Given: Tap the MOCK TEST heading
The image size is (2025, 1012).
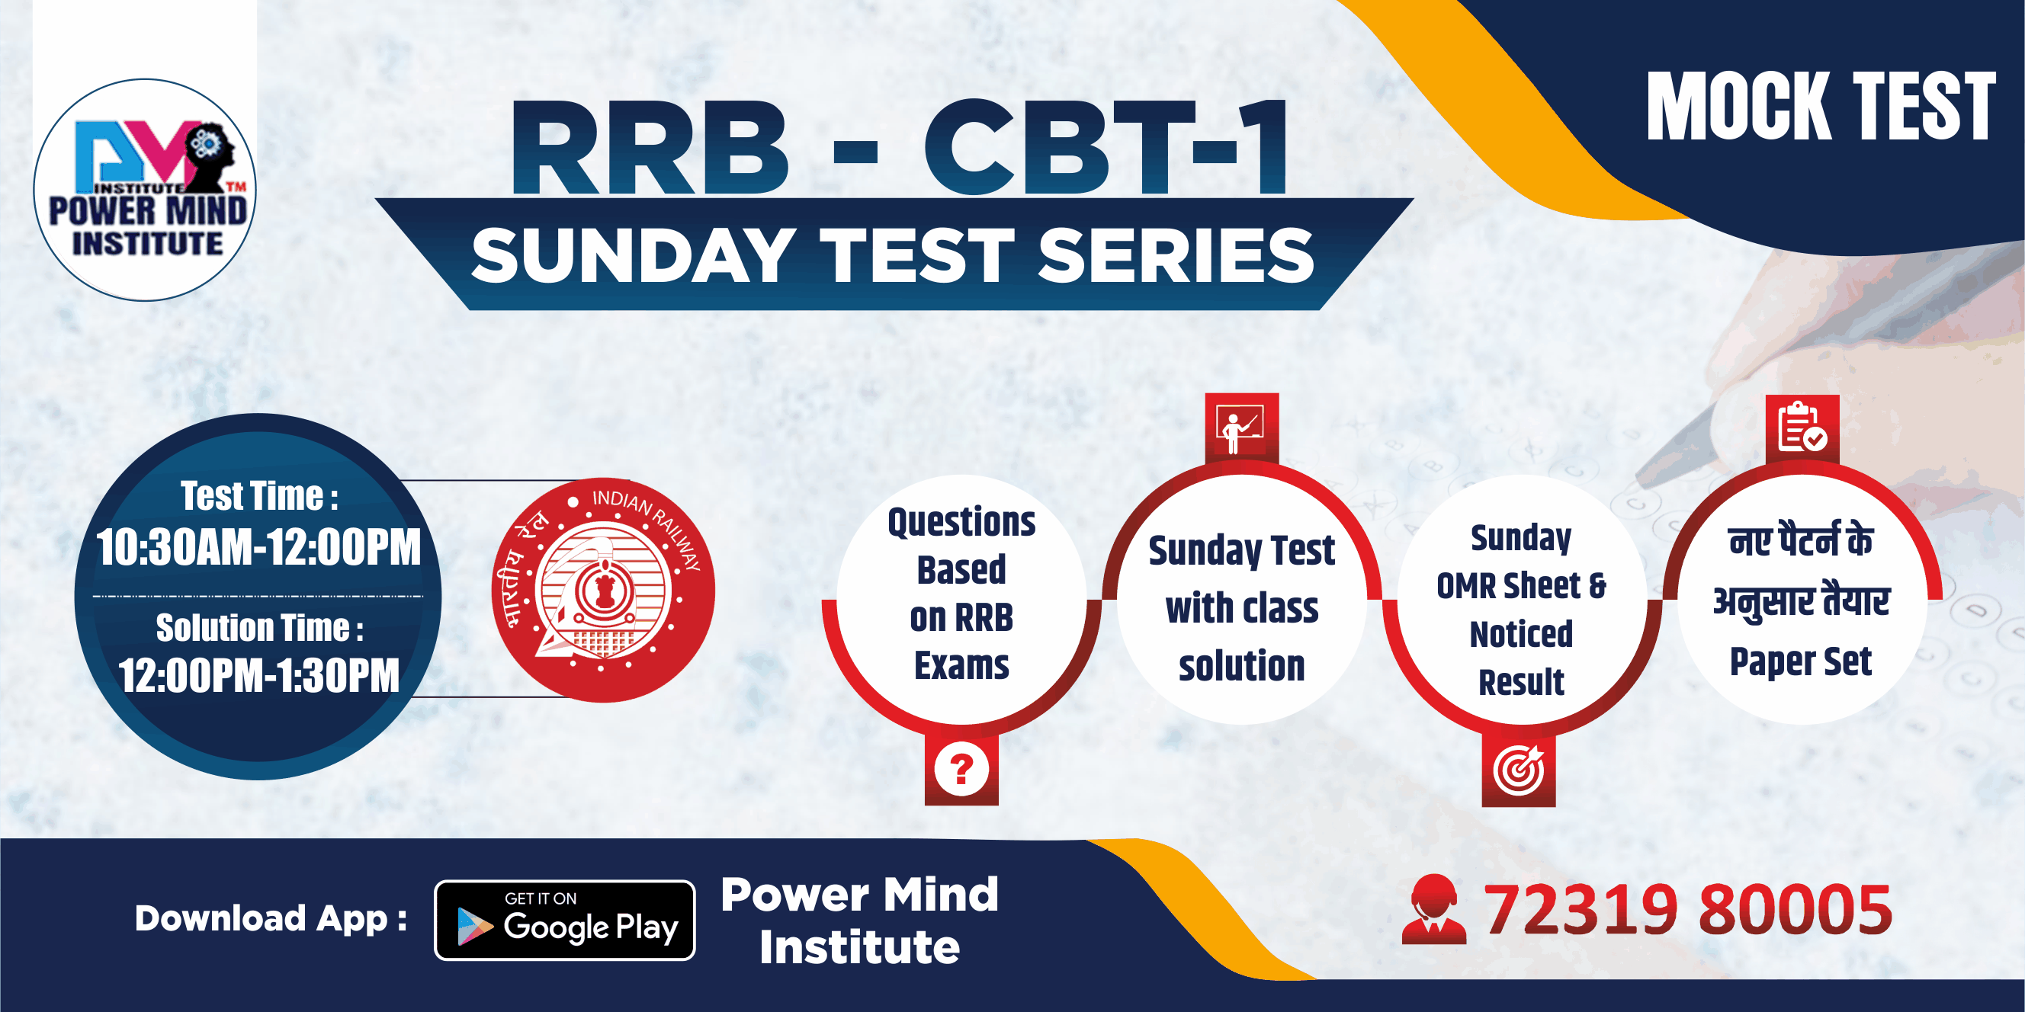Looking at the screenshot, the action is pyautogui.click(x=1821, y=107).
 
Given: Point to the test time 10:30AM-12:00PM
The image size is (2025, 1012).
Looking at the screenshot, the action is pyautogui.click(x=258, y=547).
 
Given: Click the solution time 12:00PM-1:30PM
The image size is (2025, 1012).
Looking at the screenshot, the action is pyautogui.click(x=258, y=675).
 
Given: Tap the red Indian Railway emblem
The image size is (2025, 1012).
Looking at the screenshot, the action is pyautogui.click(x=603, y=590).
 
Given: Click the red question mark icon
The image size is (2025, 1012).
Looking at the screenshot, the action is pyautogui.click(x=961, y=769).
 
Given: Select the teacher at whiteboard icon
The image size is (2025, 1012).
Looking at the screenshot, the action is pyautogui.click(x=1241, y=428).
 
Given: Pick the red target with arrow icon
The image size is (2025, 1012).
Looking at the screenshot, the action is pyautogui.click(x=1519, y=770).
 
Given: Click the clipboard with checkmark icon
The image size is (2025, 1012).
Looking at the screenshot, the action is pyautogui.click(x=1802, y=428).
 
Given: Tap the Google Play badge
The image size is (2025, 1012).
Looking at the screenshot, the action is pyautogui.click(x=564, y=920).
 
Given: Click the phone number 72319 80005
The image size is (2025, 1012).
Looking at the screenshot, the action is pyautogui.click(x=1688, y=910).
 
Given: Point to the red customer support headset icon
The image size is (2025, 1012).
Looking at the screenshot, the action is pyautogui.click(x=1434, y=909).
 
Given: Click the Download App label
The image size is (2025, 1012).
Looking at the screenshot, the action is pyautogui.click(x=271, y=918).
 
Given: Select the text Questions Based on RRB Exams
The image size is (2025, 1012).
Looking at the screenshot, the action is pyautogui.click(x=961, y=593).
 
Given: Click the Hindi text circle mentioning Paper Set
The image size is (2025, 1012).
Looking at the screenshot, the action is pyautogui.click(x=1801, y=600).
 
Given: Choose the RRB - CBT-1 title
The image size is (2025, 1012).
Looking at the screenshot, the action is pyautogui.click(x=901, y=147).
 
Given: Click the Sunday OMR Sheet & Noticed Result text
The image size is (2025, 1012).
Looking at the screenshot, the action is pyautogui.click(x=1521, y=610).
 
